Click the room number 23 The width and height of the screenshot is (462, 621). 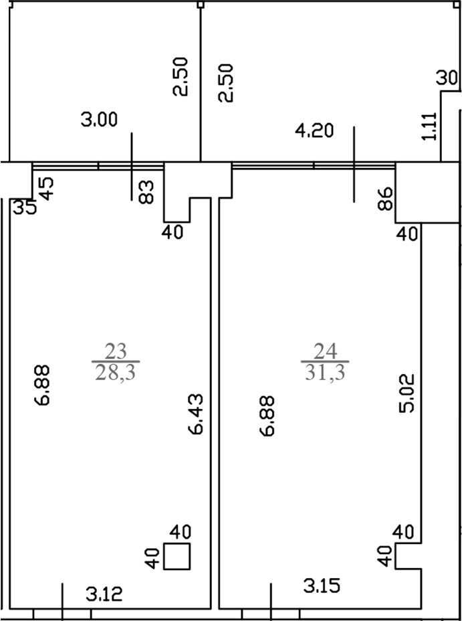pyautogui.click(x=116, y=351)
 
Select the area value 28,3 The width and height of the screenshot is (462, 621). pyautogui.click(x=116, y=373)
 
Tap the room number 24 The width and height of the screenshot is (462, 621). pyautogui.click(x=325, y=351)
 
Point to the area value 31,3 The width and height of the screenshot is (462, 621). pyautogui.click(x=325, y=373)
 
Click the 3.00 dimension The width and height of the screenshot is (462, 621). pyautogui.click(x=99, y=119)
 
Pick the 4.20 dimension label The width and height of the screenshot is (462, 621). pyautogui.click(x=316, y=130)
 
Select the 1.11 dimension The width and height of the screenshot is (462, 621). pyautogui.click(x=430, y=126)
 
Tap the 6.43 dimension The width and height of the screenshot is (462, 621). pyautogui.click(x=197, y=414)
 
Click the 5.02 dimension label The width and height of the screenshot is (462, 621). pyautogui.click(x=407, y=393)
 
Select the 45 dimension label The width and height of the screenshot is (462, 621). pyautogui.click(x=47, y=189)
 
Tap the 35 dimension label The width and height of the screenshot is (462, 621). pyautogui.click(x=25, y=207)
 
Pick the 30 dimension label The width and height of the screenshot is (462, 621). pyautogui.click(x=447, y=78)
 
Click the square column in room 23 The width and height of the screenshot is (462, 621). pyautogui.click(x=177, y=557)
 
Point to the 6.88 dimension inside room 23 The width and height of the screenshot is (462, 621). pyautogui.click(x=42, y=385)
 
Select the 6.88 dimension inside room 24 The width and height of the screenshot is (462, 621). pyautogui.click(x=268, y=416)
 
